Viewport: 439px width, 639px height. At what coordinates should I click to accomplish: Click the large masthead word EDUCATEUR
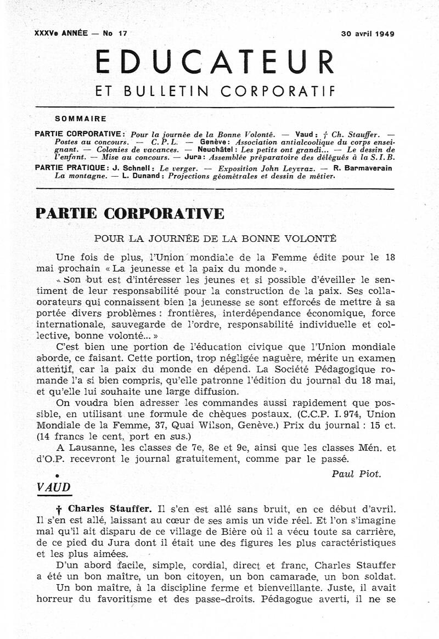tap(215, 63)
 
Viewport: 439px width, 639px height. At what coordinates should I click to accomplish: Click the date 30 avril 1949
tap(368, 33)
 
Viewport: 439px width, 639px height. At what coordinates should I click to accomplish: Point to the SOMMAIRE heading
tap(81, 117)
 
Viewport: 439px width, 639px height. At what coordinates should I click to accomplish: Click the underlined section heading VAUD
tap(53, 487)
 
